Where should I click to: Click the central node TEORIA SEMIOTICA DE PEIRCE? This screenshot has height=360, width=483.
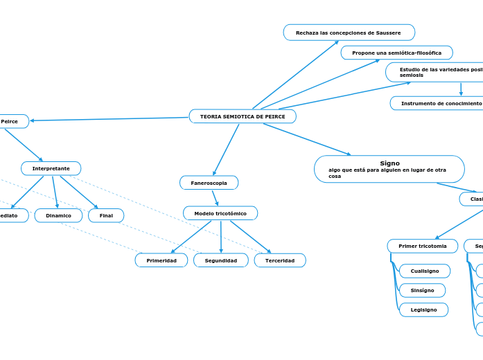(x=243, y=116)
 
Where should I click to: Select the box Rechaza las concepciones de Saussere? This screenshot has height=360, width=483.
(x=349, y=33)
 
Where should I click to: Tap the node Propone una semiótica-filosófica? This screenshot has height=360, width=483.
(x=396, y=53)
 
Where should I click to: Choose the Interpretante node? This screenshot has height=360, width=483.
(x=51, y=168)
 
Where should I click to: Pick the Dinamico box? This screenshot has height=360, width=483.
(x=58, y=215)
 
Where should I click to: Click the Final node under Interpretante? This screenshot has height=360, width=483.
(x=106, y=215)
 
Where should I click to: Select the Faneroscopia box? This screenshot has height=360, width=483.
(x=209, y=183)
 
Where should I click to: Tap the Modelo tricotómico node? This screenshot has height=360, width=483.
(x=220, y=213)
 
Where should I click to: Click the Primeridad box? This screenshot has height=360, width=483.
(x=161, y=260)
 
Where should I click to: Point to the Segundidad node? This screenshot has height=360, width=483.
(x=220, y=260)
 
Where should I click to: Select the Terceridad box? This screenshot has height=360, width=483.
(x=279, y=260)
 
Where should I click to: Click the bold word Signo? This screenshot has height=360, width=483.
(x=389, y=163)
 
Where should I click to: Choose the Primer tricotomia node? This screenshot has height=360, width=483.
(x=422, y=246)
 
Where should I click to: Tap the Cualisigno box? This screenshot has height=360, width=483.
(x=424, y=271)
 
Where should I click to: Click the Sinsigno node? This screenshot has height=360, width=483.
(x=422, y=290)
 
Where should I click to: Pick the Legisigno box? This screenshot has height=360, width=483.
(x=423, y=309)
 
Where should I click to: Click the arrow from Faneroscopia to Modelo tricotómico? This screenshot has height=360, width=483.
(x=216, y=198)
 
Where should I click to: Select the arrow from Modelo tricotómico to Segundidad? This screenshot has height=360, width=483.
(x=221, y=237)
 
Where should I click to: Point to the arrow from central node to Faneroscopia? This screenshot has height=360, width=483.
(x=227, y=149)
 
